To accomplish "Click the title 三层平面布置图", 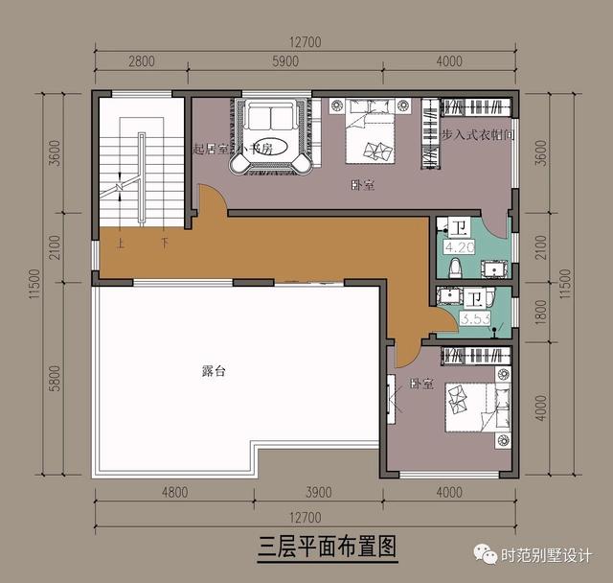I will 328,548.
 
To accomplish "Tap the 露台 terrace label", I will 215,369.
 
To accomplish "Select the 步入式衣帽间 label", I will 480,136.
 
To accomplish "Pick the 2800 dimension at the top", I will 141,61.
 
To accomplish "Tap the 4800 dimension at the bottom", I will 173,493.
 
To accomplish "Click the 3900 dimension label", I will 317,493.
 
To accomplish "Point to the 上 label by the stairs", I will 121,244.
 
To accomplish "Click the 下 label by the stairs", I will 165,244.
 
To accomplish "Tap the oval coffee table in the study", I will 269,151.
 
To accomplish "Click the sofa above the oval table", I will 270,118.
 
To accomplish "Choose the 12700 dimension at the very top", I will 306,41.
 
